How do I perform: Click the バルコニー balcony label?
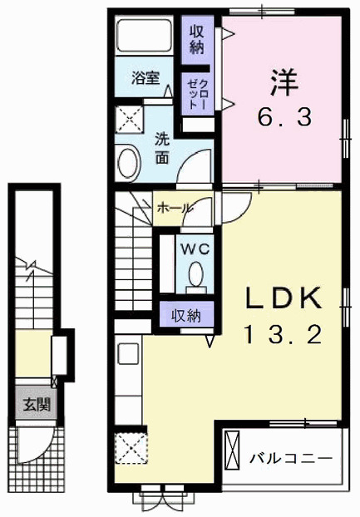291,458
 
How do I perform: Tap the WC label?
195,247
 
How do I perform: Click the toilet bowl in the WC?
196,274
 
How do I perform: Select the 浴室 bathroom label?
146,79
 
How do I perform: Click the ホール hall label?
173,207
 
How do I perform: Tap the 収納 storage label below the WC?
186,315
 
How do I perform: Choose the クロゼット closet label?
195,94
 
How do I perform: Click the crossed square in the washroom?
130,118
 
